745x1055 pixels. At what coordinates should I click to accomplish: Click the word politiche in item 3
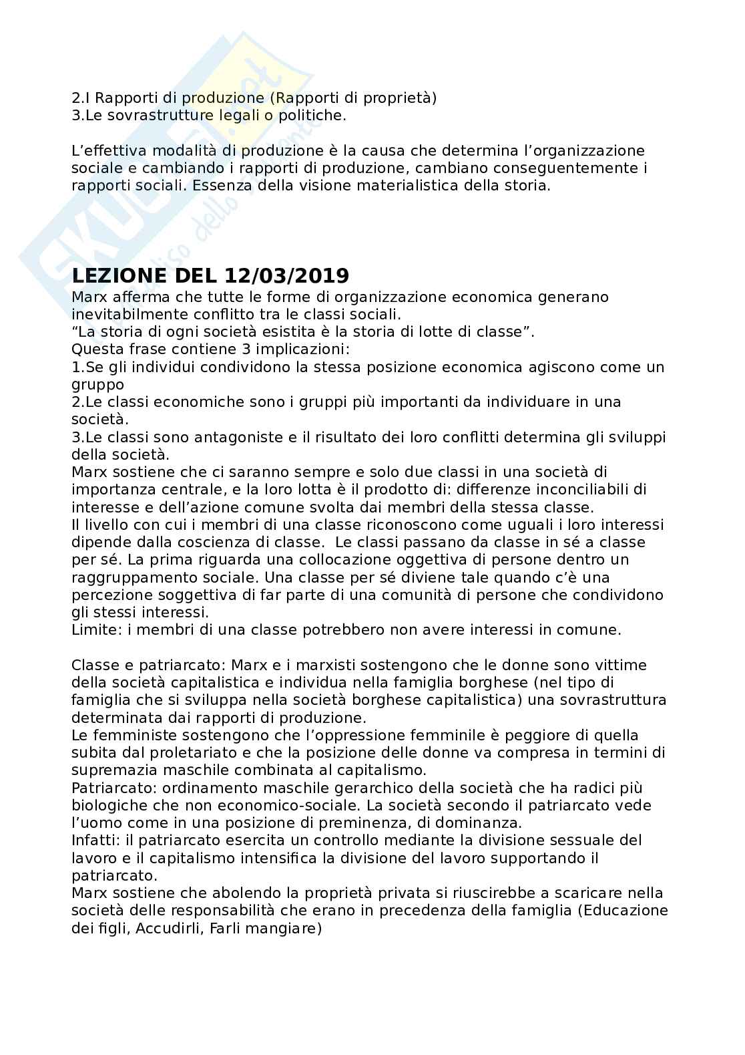pos(314,116)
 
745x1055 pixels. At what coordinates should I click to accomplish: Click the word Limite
pos(91,629)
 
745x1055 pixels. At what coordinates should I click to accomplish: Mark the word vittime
pos(623,665)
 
